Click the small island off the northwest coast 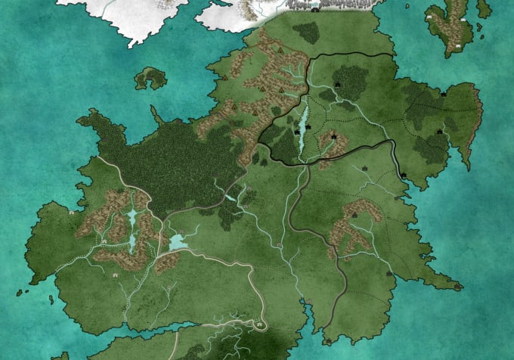point(150,77)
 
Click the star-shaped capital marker point(333,136)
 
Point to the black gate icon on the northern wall point(314,10)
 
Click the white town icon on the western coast point(71,213)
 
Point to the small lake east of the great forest point(229,198)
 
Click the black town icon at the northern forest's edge point(337,85)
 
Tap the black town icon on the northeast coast point(443,95)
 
